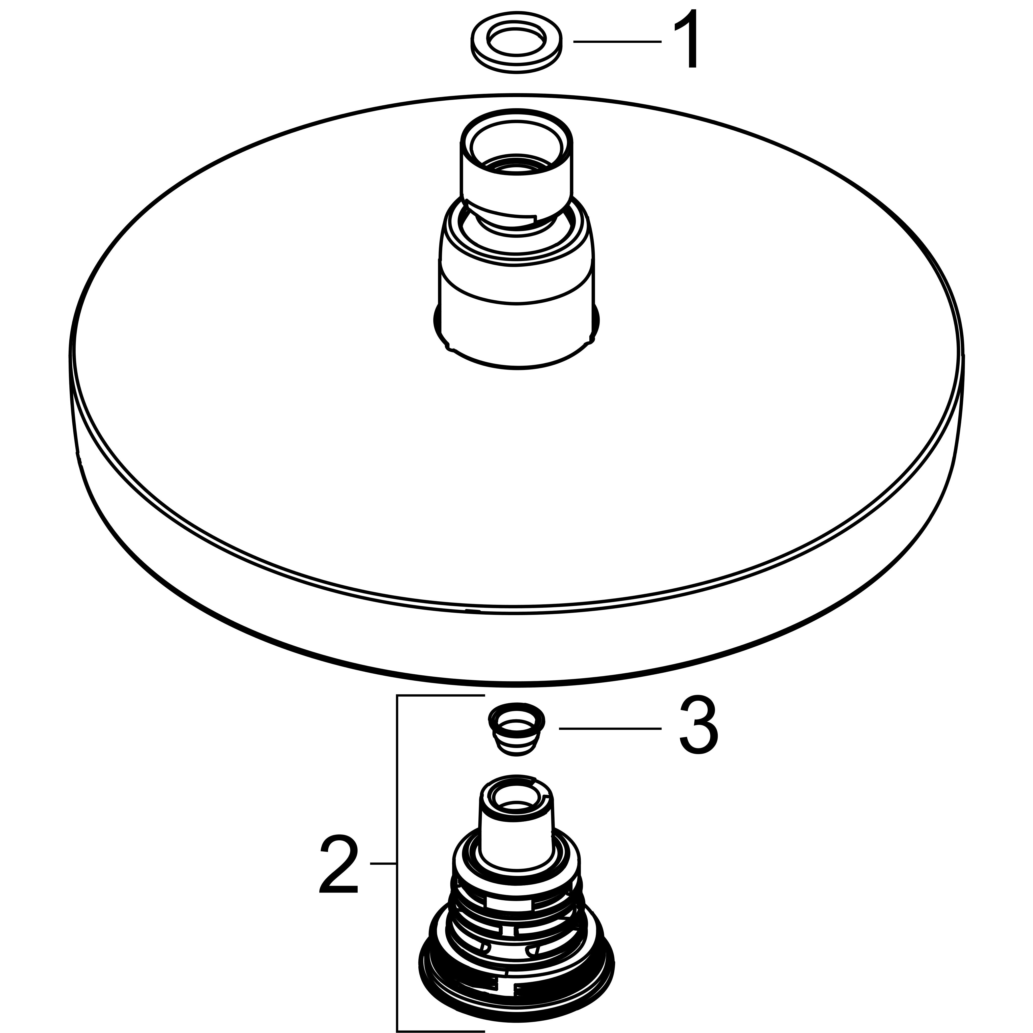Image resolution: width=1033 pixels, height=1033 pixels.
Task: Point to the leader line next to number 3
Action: [610, 728]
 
